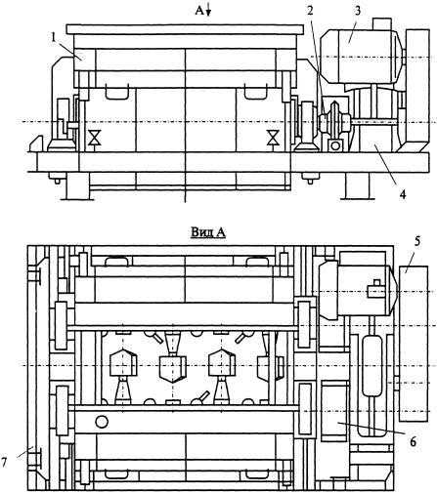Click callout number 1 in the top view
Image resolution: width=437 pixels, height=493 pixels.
point(54,38)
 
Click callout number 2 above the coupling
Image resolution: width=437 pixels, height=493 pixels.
point(310,11)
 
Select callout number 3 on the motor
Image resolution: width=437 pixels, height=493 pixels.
point(358,11)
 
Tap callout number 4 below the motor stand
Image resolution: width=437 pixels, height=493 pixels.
point(403,194)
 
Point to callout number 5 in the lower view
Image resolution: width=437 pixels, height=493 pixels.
point(417,241)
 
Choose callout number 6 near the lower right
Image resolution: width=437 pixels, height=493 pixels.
point(413,442)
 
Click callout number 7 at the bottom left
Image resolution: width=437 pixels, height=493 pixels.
point(4,462)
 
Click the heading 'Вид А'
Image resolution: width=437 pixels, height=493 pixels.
point(208,232)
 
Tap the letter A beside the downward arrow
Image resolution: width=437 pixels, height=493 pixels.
point(199,11)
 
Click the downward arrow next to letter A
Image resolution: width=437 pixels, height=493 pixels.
point(208,11)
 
